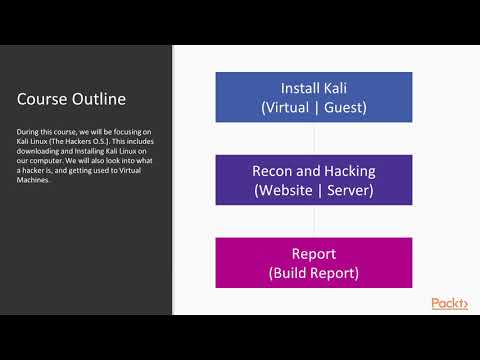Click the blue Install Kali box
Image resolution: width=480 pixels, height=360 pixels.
pos(314,95)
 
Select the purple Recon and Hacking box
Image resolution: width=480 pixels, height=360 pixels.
pos(314,179)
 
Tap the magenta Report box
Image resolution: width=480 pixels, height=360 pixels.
pos(314,262)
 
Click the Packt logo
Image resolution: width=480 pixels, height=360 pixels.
pos(449,304)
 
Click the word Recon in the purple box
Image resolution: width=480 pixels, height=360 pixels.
pos(272,171)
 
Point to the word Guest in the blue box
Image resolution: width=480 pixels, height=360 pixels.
pos(346,105)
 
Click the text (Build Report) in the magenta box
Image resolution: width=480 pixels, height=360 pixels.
pos(314,272)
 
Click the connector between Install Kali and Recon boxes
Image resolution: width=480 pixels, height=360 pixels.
pos(314,137)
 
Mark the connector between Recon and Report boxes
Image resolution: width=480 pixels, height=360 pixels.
pos(314,221)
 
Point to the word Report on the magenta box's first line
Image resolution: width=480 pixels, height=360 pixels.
pos(314,254)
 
